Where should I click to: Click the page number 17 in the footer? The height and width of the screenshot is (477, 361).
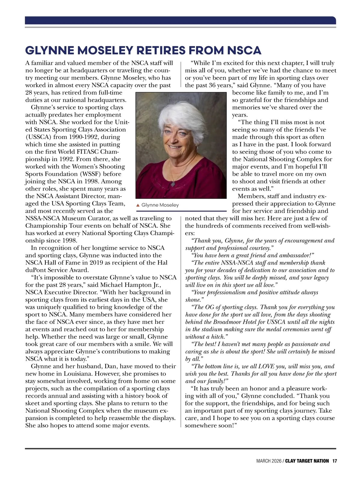tap(334, 461)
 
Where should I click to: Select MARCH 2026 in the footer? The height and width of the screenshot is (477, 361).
tap(269, 461)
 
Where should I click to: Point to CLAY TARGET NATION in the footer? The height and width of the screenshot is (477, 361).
tap(307, 461)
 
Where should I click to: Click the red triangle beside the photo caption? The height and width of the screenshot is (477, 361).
tap(138, 205)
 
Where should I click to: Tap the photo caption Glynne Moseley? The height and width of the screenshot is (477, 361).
tap(160, 205)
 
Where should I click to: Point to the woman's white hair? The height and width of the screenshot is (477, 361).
tap(180, 113)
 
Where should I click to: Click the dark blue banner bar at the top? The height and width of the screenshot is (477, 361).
tap(180, 20)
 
